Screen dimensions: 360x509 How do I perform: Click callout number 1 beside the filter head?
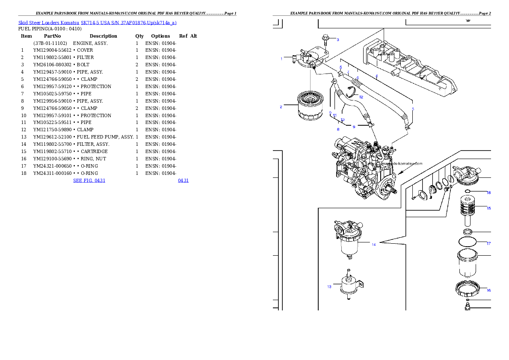[x=281, y=59]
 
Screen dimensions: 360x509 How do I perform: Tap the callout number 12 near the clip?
[x=361, y=97]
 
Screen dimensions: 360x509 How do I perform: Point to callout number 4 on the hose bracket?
[x=376, y=76]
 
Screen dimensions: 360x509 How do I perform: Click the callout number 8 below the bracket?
[x=338, y=129]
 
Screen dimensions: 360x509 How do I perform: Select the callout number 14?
[x=373, y=245]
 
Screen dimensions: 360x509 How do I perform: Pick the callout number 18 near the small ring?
[x=488, y=193]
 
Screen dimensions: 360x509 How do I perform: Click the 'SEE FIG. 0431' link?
[x=89, y=180]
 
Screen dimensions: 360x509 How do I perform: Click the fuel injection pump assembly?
[x=364, y=169]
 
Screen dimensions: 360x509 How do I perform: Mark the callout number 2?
[x=281, y=107]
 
